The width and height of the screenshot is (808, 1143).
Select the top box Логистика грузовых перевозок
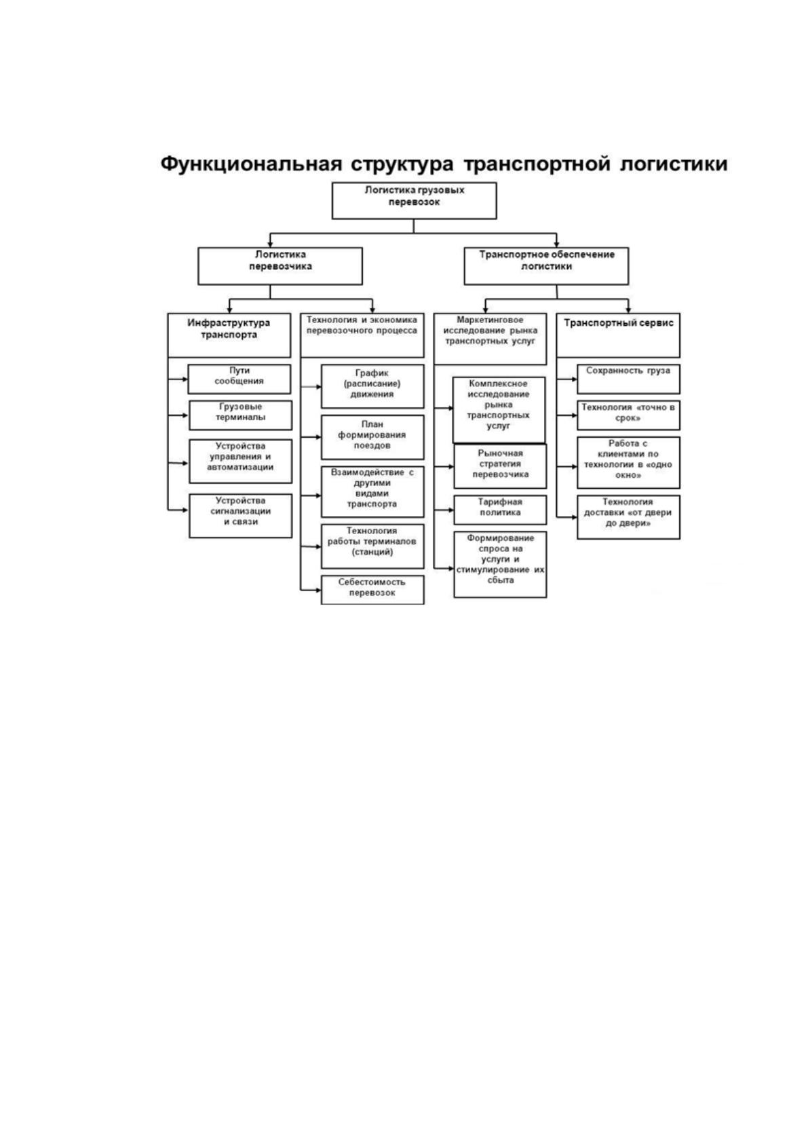414,200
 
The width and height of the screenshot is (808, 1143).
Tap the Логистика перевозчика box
280,266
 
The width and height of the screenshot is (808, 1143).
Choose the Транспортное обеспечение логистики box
546,266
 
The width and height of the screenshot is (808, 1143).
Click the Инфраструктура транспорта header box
229,335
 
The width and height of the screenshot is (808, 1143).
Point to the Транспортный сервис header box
618,335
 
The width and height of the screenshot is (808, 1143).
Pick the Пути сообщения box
239,379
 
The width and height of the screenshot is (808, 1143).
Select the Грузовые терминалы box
240,415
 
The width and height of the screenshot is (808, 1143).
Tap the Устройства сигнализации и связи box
240,516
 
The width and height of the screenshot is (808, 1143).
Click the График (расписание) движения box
372,386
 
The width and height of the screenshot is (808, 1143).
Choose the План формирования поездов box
372,437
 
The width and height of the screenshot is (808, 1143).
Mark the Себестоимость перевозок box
372,590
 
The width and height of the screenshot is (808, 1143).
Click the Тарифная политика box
500,510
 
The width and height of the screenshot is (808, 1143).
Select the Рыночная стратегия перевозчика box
500,466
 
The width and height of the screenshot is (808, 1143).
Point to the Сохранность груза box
628,379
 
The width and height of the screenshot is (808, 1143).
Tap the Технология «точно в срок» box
628,415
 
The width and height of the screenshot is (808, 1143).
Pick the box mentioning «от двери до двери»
628,517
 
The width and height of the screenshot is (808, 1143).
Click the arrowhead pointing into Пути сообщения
185,379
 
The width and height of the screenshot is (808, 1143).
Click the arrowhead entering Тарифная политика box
451,510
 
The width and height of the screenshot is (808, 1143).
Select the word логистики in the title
674,164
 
